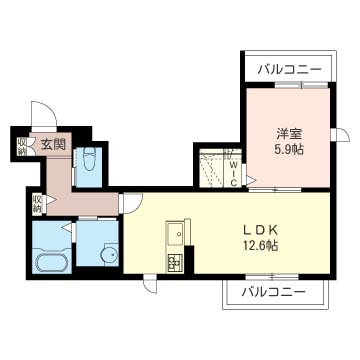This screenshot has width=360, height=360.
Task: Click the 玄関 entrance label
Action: [x=53, y=144]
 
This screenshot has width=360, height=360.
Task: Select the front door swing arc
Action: [x=43, y=115]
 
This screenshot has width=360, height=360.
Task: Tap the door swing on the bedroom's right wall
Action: [x=342, y=138]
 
